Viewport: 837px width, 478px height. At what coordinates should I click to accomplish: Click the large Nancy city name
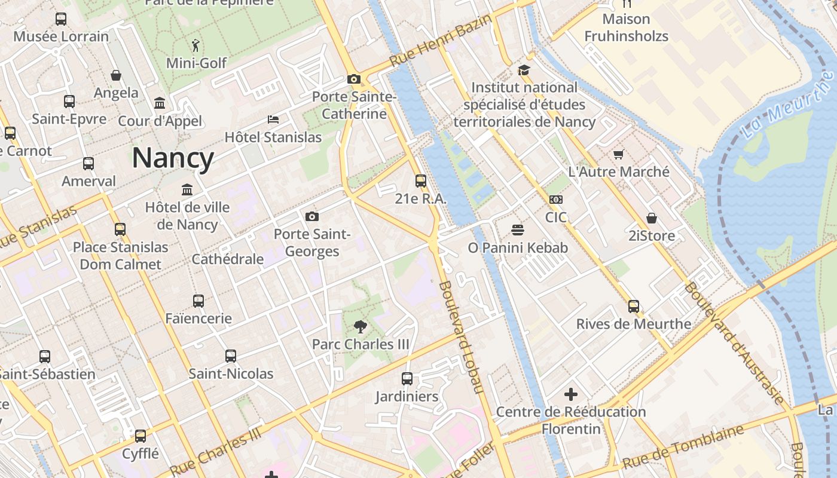click(173, 158)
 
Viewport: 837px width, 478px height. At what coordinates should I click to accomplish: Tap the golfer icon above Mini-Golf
click(195, 45)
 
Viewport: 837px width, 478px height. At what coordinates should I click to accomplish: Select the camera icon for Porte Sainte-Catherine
click(353, 79)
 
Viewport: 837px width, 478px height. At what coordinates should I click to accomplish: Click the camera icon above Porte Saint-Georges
click(311, 216)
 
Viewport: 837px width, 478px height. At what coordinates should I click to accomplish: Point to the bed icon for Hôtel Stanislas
click(273, 119)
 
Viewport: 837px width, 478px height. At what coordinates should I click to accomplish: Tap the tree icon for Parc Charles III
click(360, 326)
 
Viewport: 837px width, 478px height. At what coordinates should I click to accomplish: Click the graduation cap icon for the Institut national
click(524, 70)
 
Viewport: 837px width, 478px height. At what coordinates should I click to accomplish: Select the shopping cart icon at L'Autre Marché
click(619, 154)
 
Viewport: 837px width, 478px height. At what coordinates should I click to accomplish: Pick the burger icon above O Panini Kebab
click(518, 229)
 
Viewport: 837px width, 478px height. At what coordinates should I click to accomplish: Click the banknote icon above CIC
click(555, 200)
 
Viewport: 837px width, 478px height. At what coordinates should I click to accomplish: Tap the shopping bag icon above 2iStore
click(652, 218)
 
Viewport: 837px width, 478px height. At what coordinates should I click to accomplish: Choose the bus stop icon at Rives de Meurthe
click(634, 307)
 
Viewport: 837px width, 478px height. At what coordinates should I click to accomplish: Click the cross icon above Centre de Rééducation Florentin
click(571, 394)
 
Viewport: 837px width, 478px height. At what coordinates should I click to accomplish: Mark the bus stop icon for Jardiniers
click(407, 379)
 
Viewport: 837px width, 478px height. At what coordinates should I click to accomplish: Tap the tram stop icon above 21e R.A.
click(421, 180)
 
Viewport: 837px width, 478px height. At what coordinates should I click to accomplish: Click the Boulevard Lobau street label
click(461, 337)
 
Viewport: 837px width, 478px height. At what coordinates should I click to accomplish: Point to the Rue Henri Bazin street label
click(441, 41)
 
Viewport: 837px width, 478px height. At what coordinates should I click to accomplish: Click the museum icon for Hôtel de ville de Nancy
click(187, 190)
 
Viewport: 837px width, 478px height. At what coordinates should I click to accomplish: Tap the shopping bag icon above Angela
click(116, 75)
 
